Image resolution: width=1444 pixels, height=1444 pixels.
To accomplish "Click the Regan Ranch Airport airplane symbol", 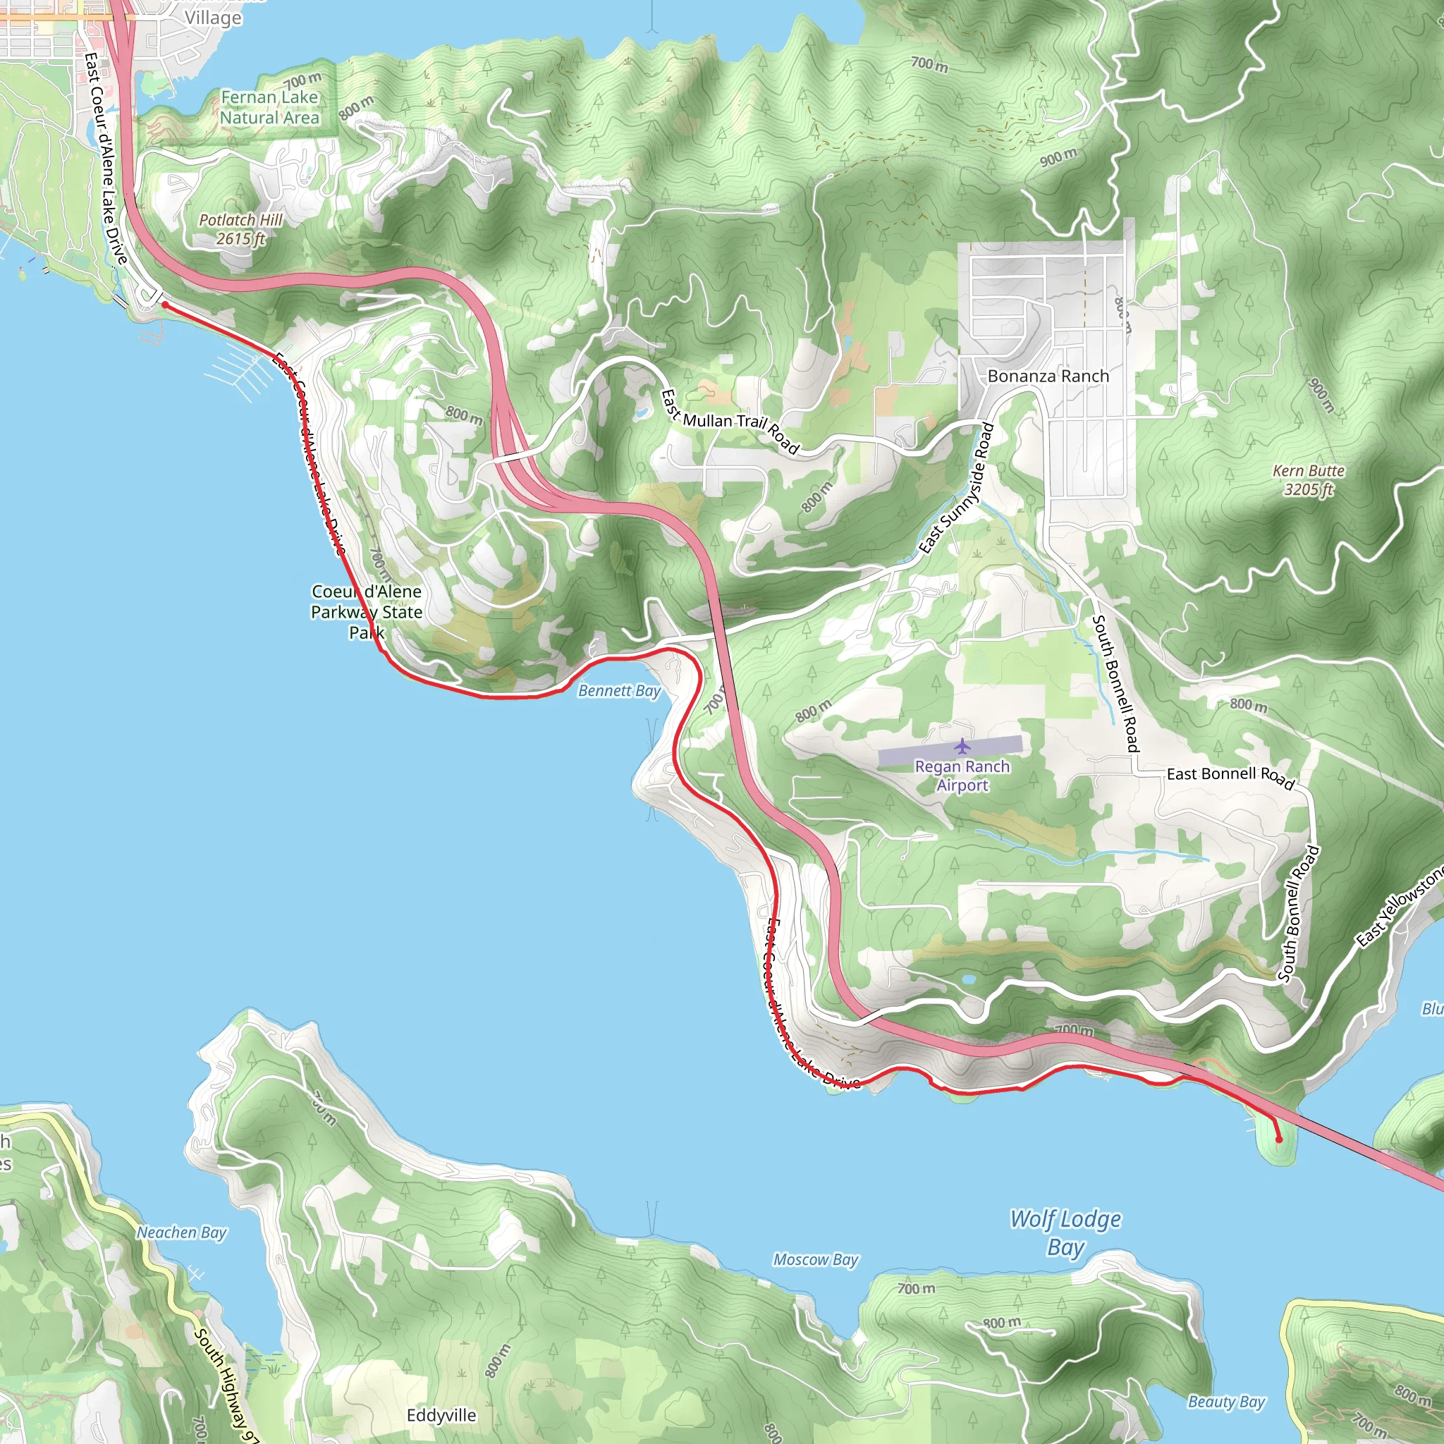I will [961, 746].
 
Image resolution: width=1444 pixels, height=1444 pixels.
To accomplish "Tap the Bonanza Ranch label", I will [1048, 376].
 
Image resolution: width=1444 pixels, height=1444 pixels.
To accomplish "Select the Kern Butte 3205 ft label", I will [1308, 480].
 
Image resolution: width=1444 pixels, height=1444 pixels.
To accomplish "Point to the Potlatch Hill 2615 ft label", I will [240, 228].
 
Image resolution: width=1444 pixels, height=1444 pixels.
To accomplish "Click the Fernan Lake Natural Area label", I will [269, 108].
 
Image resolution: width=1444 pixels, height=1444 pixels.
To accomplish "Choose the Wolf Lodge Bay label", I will [1065, 1232].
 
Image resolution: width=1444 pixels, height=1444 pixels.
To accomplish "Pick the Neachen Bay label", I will [181, 1232].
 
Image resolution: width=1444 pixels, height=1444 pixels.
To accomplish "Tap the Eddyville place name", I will [441, 1415].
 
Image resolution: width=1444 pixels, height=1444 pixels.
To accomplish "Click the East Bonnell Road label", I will [1230, 776].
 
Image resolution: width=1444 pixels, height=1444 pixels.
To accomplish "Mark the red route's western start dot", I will [164, 305].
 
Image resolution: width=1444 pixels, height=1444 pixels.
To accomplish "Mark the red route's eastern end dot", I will [1278, 1140].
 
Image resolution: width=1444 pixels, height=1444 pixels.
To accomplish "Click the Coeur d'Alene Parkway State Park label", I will [366, 611].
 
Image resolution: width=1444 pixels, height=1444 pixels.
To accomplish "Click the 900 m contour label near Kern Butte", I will [1321, 395].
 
